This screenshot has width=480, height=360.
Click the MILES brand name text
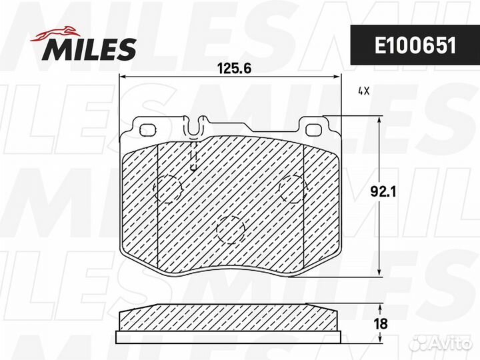pyautogui.click(x=91, y=48)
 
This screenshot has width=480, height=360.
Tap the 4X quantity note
pyautogui.click(x=363, y=91)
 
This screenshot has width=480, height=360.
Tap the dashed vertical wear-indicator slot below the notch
pyautogui.click(x=193, y=156)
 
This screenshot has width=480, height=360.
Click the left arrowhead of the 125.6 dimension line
pyautogui.click(x=122, y=78)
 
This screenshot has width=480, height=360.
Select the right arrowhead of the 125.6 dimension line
pyautogui.click(x=337, y=78)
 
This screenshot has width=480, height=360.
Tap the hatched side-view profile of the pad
pyautogui.click(x=229, y=318)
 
